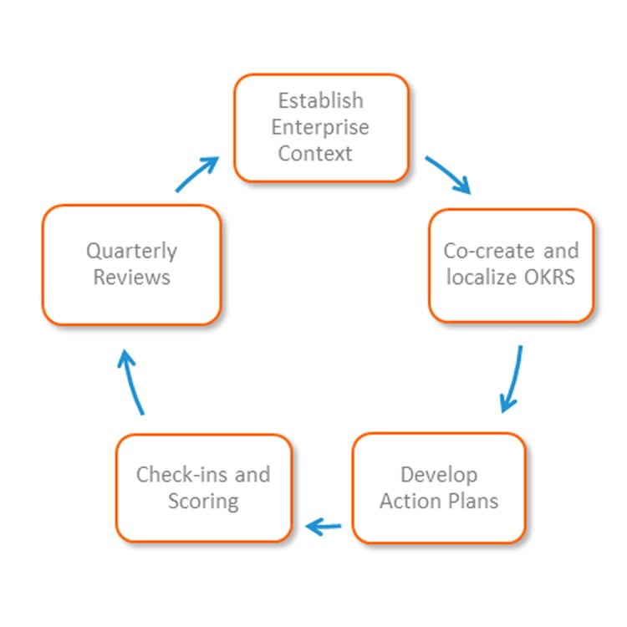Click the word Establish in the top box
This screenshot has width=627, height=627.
pyautogui.click(x=321, y=100)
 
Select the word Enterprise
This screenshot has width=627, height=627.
pyautogui.click(x=320, y=128)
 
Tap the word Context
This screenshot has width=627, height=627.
pyautogui.click(x=315, y=154)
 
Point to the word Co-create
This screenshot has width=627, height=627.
pyautogui.click(x=489, y=251)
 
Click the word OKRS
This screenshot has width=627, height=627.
pyautogui.click(x=549, y=277)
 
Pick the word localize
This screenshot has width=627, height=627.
pyautogui.click(x=481, y=277)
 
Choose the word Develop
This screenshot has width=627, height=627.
pyautogui.click(x=439, y=476)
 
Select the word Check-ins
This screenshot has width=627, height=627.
pyautogui.click(x=181, y=475)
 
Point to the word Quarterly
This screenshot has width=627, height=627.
pyautogui.click(x=131, y=252)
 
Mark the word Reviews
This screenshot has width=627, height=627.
pyautogui.click(x=131, y=277)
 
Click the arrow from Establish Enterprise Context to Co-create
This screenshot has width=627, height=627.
pyautogui.click(x=447, y=175)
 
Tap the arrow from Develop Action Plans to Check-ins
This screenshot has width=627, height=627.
pyautogui.click(x=323, y=527)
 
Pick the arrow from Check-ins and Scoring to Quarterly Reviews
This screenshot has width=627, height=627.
pyautogui.click(x=130, y=382)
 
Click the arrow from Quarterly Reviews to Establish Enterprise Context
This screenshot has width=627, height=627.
pyautogui.click(x=196, y=175)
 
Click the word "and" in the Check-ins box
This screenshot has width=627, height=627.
pyautogui.click(x=252, y=475)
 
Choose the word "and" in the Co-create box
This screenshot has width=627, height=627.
pyautogui.click(x=561, y=251)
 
